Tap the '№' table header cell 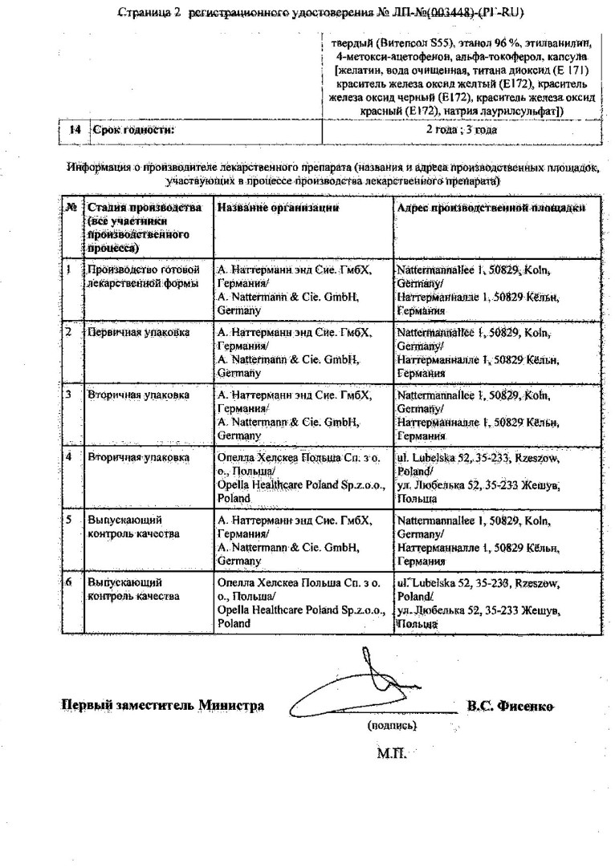71,208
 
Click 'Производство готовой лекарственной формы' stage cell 143,277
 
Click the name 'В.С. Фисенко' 510,706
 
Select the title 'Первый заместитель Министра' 163,706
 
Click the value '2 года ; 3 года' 461,128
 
